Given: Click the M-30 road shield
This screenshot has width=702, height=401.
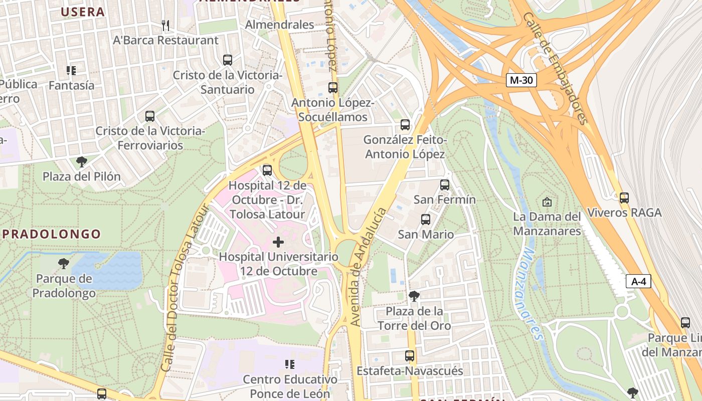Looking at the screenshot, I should click(521, 80).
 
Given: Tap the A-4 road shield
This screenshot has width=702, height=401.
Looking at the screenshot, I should click(638, 281).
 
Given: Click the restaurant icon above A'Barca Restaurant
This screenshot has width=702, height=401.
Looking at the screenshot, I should click(166, 25).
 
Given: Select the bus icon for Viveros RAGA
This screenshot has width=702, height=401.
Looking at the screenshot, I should click(624, 198).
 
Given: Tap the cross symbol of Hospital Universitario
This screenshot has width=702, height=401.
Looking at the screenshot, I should click(278, 243).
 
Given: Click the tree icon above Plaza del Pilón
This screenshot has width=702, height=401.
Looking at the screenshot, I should click(81, 162).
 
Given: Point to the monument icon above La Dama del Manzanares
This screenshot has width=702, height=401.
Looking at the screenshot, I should click(547, 202).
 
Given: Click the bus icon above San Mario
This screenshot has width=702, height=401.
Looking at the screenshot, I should click(425, 220).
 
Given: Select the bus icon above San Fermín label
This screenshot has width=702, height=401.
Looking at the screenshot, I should click(444, 185).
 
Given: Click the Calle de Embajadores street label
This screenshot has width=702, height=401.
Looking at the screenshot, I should click(555, 68).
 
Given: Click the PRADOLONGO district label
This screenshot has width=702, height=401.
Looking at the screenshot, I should click(52, 234).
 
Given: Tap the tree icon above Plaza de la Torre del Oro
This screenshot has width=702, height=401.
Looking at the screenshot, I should click(414, 296).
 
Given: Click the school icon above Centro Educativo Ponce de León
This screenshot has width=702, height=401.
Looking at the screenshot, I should click(289, 364).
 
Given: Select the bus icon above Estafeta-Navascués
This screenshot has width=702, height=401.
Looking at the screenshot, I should click(410, 356).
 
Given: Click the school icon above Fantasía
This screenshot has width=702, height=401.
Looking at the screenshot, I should click(71, 71).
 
